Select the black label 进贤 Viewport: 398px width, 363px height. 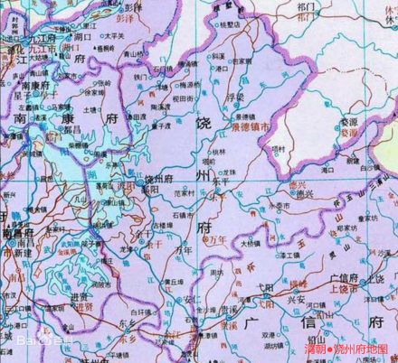(x=81, y=294)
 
